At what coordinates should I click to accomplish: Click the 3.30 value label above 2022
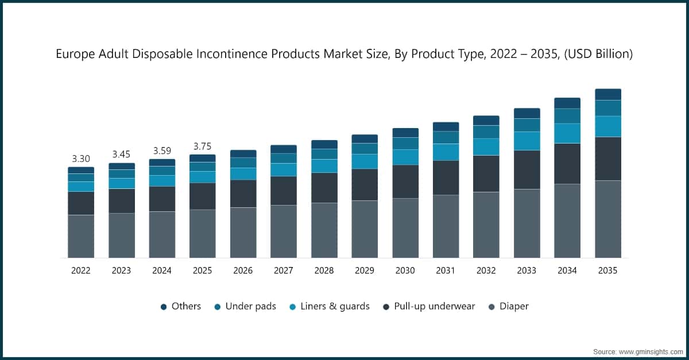(81, 158)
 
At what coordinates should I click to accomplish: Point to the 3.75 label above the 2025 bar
(203, 146)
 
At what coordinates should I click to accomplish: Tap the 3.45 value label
(122, 154)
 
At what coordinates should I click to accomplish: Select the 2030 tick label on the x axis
(405, 270)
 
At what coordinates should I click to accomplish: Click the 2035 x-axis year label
(607, 270)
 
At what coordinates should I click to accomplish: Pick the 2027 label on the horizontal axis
(284, 270)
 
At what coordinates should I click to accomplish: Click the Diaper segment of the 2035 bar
(607, 219)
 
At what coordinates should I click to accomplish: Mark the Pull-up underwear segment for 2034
(567, 164)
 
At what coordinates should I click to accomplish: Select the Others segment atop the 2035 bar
(607, 94)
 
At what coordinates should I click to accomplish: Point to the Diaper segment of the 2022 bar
(81, 236)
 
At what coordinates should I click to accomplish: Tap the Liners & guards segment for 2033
(527, 141)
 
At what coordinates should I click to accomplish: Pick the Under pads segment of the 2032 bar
(486, 131)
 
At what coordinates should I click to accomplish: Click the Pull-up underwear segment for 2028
(324, 188)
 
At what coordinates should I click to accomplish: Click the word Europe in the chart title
(73, 55)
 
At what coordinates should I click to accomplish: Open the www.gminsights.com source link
(649, 351)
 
